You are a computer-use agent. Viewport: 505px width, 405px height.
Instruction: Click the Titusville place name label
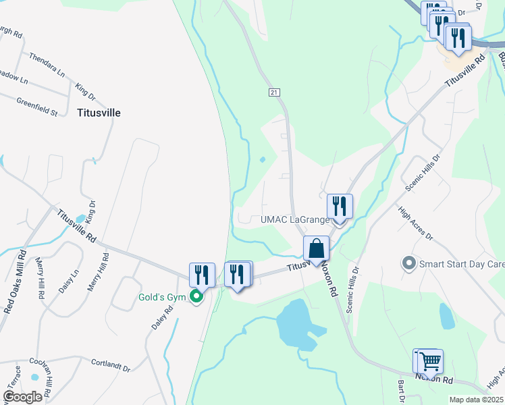click(x=99, y=113)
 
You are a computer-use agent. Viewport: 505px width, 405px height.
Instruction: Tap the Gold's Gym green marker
click(x=196, y=296)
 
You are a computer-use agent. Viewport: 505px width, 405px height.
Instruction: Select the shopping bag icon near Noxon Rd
click(x=316, y=249)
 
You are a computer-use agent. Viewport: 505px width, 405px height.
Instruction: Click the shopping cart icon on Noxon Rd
click(x=428, y=360)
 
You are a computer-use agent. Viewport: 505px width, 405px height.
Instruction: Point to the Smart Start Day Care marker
click(x=408, y=263)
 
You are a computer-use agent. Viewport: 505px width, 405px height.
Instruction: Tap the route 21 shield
click(x=273, y=92)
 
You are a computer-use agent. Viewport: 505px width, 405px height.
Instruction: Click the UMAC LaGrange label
click(x=295, y=219)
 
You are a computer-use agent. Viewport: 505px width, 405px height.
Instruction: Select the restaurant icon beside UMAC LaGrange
click(x=340, y=206)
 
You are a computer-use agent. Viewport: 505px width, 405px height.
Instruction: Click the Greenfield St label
click(x=36, y=105)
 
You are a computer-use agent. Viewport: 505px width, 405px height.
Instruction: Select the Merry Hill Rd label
click(x=99, y=272)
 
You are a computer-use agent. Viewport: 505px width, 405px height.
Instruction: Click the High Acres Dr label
click(x=416, y=223)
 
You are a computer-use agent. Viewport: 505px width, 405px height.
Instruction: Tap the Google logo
click(x=22, y=397)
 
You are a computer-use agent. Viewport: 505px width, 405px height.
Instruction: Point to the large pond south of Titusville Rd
click(x=298, y=322)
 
